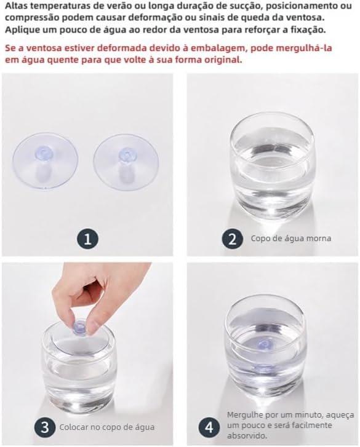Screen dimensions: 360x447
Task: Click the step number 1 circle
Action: coord(87,239)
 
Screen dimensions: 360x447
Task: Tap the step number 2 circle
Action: coord(233,239)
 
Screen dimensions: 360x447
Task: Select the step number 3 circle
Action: coord(45,427)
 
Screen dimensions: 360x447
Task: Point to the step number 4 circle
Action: coord(209,427)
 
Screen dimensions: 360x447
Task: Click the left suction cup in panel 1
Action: coord(45,162)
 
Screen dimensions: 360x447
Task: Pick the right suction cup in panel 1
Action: coord(126,162)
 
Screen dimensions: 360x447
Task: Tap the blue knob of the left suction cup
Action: coord(45,155)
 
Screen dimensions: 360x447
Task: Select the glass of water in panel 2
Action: coord(272,165)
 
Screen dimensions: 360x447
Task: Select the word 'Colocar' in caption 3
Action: coord(74,427)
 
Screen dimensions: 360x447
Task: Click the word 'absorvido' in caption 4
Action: coord(246,435)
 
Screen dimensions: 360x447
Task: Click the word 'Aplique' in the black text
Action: coord(20,30)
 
